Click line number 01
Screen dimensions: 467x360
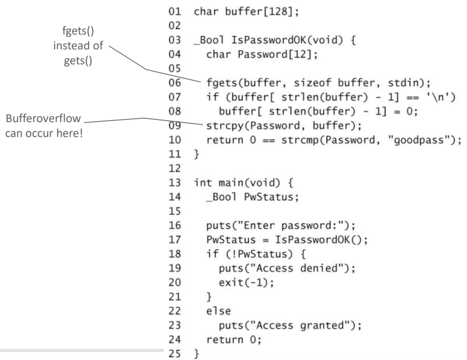click(175, 12)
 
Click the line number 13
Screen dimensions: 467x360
click(175, 183)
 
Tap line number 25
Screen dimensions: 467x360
click(175, 354)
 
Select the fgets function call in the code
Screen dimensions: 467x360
click(318, 83)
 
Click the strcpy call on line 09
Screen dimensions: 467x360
click(284, 126)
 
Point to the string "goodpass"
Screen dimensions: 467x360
click(419, 140)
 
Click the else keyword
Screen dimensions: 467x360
click(218, 311)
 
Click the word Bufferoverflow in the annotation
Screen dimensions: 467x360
click(43, 118)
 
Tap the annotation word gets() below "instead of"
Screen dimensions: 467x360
click(78, 61)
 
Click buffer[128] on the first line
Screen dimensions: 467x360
click(259, 12)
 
